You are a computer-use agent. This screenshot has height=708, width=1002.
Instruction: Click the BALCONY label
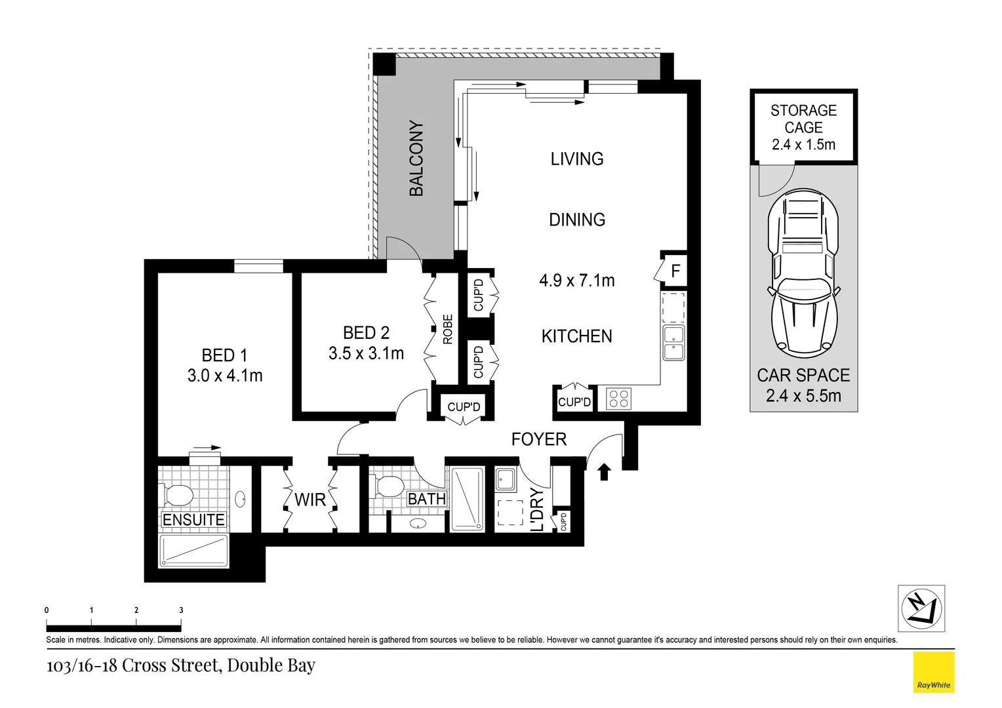tap(416, 159)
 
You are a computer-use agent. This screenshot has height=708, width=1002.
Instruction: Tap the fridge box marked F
tap(675, 271)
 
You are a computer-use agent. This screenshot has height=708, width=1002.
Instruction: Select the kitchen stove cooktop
tap(619, 398)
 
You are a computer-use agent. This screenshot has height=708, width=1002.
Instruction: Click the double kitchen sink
tap(673, 343)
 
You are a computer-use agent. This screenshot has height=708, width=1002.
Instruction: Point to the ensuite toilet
tap(176, 494)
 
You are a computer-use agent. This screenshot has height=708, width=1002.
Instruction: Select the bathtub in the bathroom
tap(467, 500)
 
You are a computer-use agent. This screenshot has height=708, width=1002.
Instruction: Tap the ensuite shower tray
tap(193, 551)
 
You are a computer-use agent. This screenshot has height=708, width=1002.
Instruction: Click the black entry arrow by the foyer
tap(604, 471)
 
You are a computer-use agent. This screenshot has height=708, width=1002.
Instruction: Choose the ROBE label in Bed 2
tap(448, 330)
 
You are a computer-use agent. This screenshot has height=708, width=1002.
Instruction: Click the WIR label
tap(310, 500)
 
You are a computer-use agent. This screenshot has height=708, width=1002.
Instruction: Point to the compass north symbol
tap(921, 608)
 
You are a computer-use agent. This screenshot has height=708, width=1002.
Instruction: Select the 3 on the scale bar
tap(181, 610)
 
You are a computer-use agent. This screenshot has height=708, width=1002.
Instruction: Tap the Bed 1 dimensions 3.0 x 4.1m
tap(225, 376)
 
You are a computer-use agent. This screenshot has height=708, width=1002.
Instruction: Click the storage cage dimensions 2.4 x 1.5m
tap(803, 145)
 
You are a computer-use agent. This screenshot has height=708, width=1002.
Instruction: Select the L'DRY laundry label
tap(537, 510)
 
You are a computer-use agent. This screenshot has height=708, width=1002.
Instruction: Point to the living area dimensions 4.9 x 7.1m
tap(577, 281)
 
